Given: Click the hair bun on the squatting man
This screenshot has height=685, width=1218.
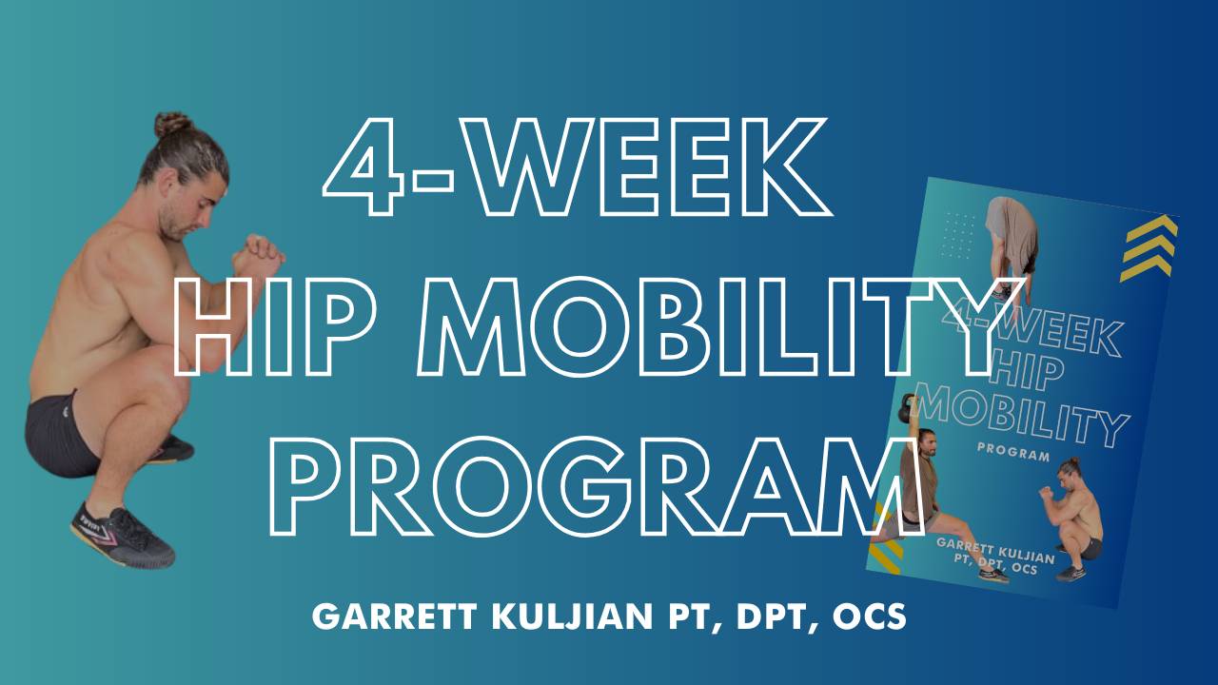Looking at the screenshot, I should tap(173, 125).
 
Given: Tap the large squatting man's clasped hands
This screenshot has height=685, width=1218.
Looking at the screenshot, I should tap(258, 252).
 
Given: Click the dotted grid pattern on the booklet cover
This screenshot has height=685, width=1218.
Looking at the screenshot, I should tap(956, 234).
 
